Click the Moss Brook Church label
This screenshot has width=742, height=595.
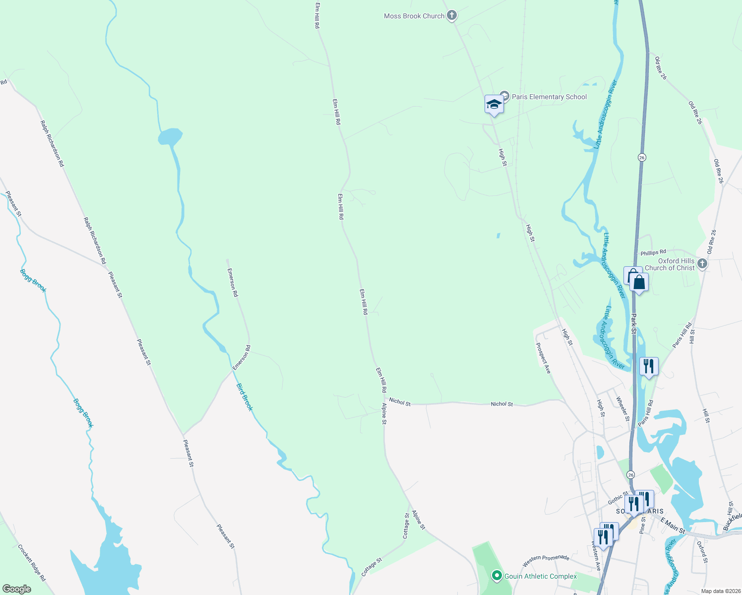tap(414, 16)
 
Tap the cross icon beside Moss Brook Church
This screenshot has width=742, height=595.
tap(451, 15)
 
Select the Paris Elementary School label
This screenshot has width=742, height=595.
tap(549, 97)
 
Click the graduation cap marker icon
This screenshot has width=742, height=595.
tap(494, 105)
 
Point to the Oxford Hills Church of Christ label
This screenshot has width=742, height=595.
tap(670, 264)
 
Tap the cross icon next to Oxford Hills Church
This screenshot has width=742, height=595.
tap(702, 263)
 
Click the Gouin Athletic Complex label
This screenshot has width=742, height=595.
tap(541, 576)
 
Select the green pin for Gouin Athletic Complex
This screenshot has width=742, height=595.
tap(496, 576)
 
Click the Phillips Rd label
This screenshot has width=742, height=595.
tap(653, 253)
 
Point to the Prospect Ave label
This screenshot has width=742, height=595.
tap(543, 358)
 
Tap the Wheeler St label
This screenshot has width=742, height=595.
tap(623, 409)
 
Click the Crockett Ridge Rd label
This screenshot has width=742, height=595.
tap(31, 563)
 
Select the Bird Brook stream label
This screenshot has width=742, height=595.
tap(244, 397)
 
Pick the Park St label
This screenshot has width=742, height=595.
tap(634, 323)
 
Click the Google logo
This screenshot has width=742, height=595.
tap(17, 589)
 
